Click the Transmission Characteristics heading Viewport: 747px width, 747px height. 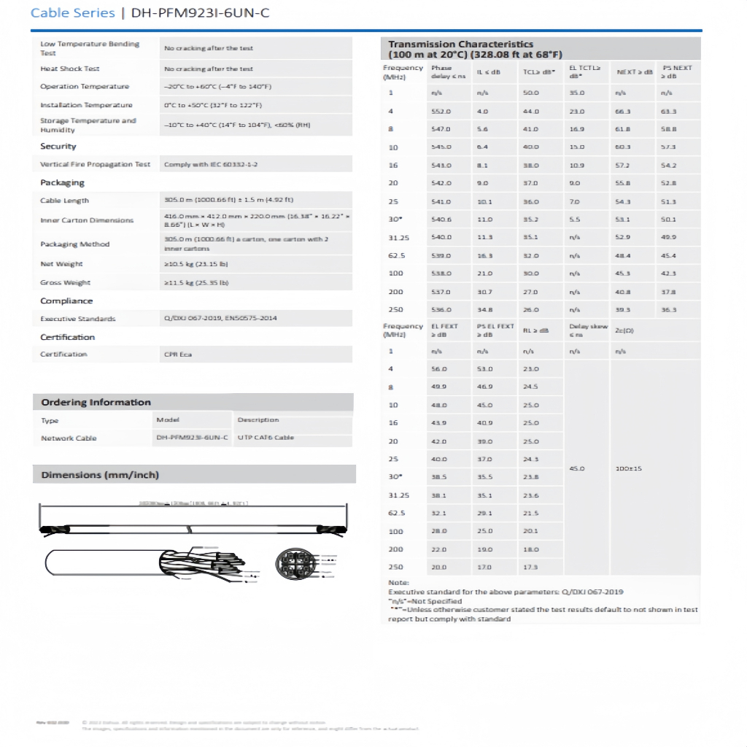pyautogui.click(x=460, y=44)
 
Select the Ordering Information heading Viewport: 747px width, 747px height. pyautogui.click(x=96, y=403)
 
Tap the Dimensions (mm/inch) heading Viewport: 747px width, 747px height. pyautogui.click(x=99, y=476)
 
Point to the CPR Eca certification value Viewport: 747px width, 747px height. pyautogui.click(x=178, y=355)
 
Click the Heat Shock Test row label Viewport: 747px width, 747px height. pyautogui.click(x=69, y=69)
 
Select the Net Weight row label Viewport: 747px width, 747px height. pyautogui.click(x=61, y=264)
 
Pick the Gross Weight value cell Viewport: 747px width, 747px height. pyautogui.click(x=196, y=283)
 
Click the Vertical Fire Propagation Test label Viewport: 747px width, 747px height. pyautogui.click(x=95, y=165)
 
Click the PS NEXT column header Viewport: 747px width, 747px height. pyautogui.click(x=676, y=71)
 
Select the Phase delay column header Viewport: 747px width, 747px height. pyautogui.click(x=443, y=71)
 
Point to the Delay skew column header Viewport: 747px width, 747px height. pyautogui.click(x=587, y=330)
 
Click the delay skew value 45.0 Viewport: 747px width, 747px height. pyautogui.click(x=576, y=468)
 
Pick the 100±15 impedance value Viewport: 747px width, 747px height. pyautogui.click(x=628, y=468)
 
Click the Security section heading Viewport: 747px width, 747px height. pyautogui.click(x=58, y=147)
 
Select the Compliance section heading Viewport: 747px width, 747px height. pyautogui.click(x=66, y=301)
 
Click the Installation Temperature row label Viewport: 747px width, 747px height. pyautogui.click(x=86, y=105)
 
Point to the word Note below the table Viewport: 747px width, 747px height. pyautogui.click(x=398, y=582)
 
